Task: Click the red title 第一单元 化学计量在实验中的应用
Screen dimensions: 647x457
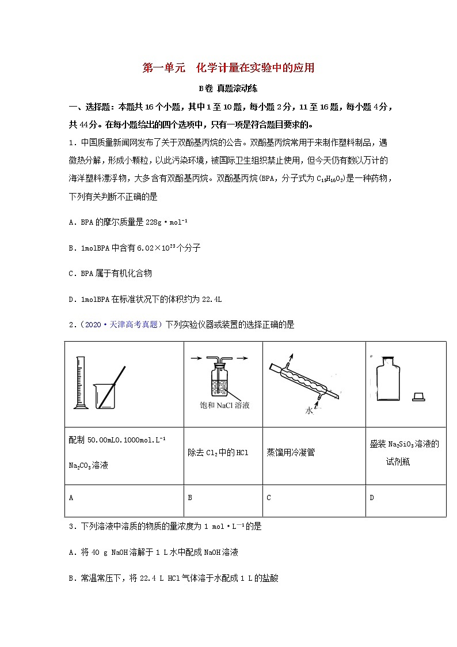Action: tap(228, 68)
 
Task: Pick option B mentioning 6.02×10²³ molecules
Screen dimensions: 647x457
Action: tap(134, 248)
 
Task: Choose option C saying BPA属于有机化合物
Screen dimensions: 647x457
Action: tap(110, 273)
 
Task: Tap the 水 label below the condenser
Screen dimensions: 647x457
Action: tap(309, 411)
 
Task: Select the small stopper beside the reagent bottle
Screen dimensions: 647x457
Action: tap(419, 396)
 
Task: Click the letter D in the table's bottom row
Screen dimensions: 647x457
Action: tap(372, 498)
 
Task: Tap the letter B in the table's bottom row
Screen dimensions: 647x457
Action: tap(190, 498)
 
